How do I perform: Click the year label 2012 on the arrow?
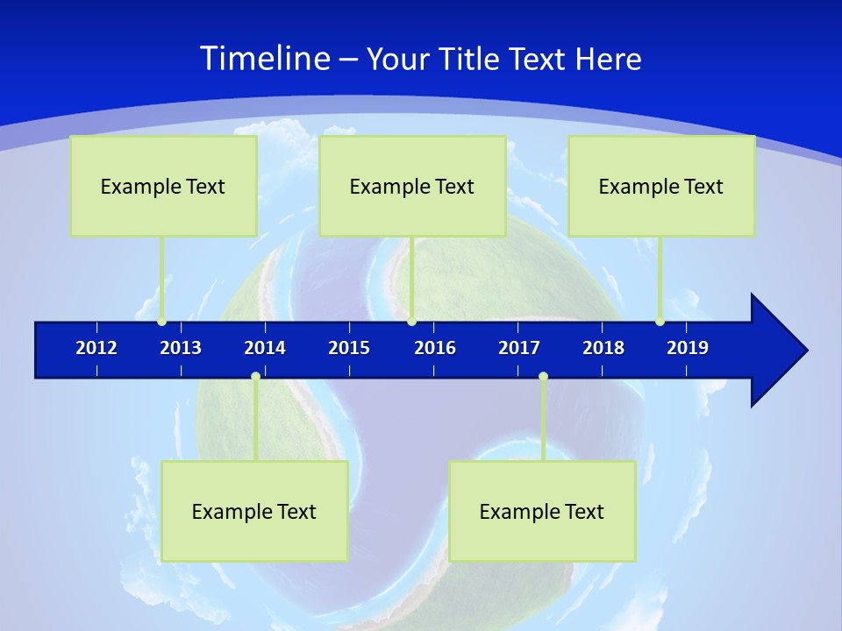(96, 348)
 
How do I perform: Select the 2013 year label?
(181, 348)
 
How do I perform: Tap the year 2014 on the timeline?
(265, 348)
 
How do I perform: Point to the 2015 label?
(349, 348)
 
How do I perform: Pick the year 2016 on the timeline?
(435, 348)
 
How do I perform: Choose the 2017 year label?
(519, 348)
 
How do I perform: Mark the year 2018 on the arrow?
(603, 348)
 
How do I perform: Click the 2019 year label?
(688, 348)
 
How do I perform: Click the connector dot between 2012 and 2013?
(161, 322)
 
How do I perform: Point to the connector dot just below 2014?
(255, 377)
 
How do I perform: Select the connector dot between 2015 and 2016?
(411, 322)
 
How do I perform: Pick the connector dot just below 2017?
(543, 377)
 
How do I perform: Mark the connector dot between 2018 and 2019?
(660, 322)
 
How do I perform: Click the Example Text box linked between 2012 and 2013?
(163, 186)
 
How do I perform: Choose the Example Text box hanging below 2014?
(254, 511)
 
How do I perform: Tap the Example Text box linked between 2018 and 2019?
(661, 186)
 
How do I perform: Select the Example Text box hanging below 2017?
(542, 511)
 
